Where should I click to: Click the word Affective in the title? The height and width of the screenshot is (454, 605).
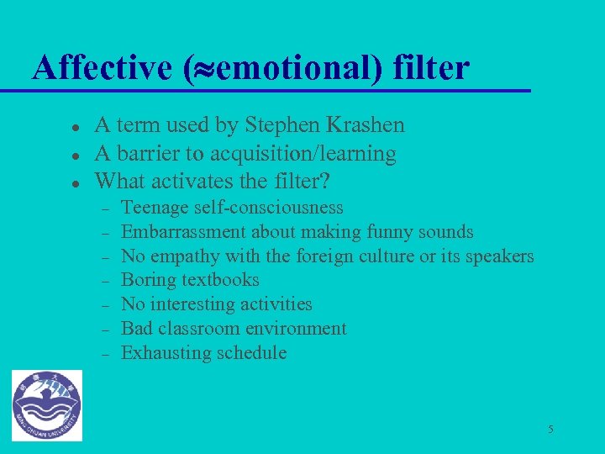[102, 68]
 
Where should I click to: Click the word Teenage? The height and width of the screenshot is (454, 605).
[155, 208]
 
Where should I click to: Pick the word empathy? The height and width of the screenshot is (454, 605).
[182, 256]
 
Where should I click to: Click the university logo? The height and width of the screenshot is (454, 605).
[47, 405]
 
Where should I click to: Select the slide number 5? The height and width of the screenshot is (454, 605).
[550, 430]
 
